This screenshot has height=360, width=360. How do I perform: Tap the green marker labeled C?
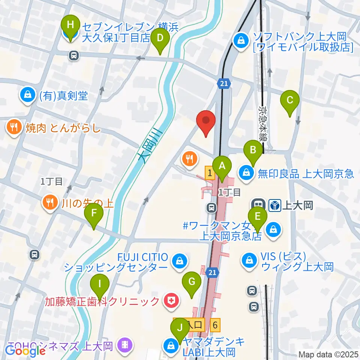[290, 100]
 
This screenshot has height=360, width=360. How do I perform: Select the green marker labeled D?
[160, 38]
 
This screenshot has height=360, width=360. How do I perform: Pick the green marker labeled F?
[94, 214]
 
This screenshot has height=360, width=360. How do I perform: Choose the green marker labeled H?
[70, 26]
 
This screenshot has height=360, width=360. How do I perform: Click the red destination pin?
[206, 121]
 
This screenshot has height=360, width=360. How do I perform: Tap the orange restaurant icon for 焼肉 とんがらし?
[14, 127]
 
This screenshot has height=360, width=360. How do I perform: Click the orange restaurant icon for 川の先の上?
[50, 203]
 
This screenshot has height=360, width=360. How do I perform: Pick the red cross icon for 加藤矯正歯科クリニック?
[171, 301]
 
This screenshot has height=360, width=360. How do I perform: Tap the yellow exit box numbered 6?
[215, 324]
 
